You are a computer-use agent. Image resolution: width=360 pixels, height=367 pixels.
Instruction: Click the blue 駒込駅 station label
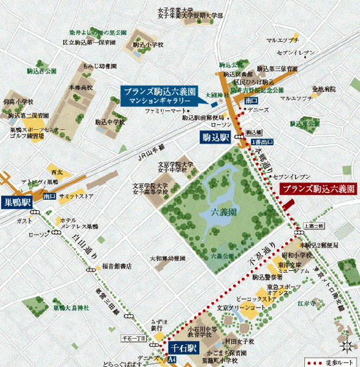pos(215,138)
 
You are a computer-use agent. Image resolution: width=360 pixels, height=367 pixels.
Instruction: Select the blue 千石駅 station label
pos(183,348)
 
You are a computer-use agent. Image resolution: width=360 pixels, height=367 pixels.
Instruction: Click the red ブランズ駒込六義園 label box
pos(318,189)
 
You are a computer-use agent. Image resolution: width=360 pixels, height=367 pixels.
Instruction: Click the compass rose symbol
pos(345,339)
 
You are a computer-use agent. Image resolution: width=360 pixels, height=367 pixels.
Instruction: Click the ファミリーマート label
pos(165,112)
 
